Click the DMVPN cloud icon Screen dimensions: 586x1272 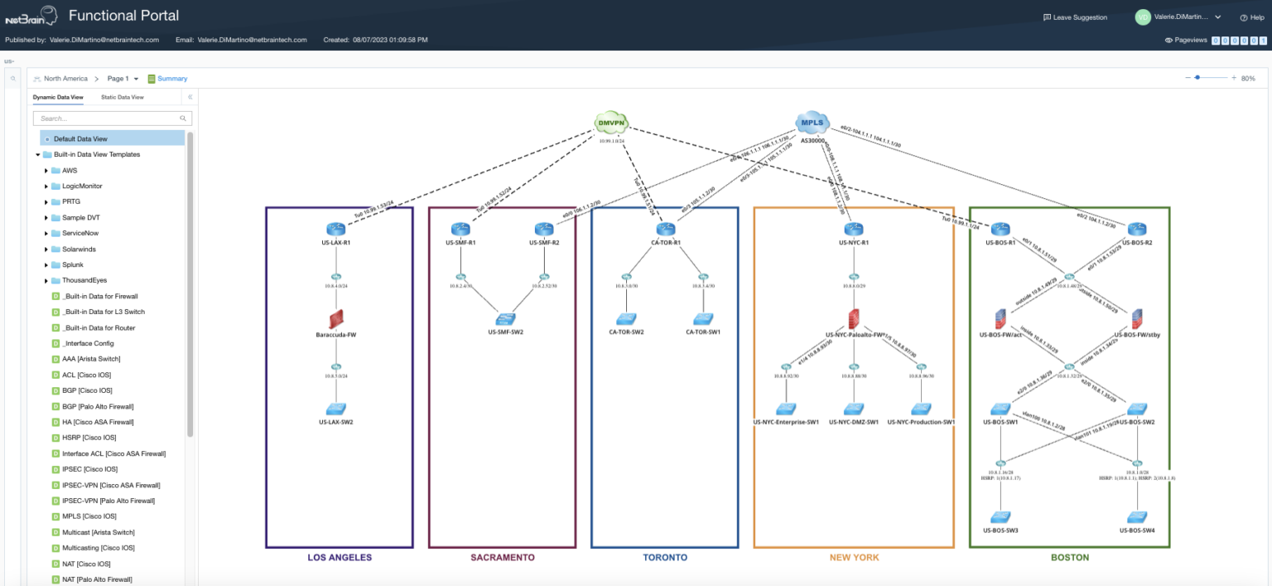(611, 123)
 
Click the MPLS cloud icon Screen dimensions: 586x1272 (812, 123)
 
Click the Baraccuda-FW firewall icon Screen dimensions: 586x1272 (336, 319)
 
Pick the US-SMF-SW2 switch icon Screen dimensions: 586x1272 (505, 319)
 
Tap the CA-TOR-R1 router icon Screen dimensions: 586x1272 (666, 229)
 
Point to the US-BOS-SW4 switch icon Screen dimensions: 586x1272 (1137, 516)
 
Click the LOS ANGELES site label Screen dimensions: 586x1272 (340, 558)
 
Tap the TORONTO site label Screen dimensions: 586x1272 (665, 558)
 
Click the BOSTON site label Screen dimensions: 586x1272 (1069, 558)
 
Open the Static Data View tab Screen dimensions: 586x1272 (123, 97)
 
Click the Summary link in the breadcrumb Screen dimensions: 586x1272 (172, 79)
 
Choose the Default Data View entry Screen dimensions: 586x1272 (80, 138)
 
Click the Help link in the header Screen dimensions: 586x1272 (1252, 17)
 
